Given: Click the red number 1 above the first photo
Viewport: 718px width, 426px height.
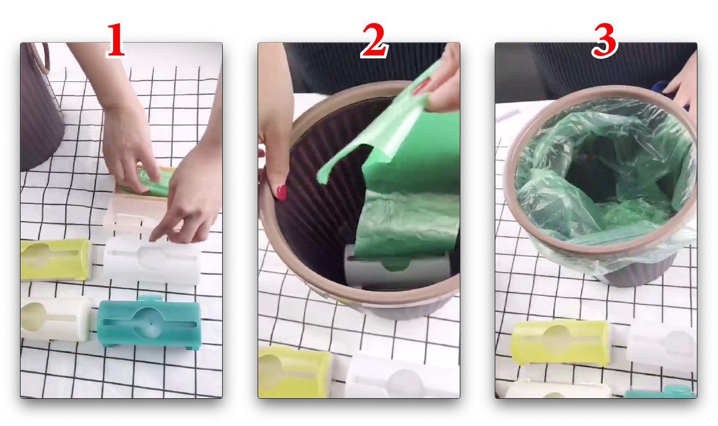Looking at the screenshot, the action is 116,40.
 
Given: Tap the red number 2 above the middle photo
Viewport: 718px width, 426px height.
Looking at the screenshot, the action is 375,40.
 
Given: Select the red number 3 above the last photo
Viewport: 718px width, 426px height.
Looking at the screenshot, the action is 604,41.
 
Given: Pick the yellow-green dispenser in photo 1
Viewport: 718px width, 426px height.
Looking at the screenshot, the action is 56,260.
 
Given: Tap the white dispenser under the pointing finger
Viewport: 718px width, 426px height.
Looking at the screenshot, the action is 152,260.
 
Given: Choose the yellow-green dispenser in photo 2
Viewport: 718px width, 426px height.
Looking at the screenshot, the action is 294,372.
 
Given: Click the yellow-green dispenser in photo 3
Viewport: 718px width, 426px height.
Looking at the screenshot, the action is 561,343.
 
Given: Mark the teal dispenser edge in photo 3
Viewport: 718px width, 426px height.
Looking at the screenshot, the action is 661,393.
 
